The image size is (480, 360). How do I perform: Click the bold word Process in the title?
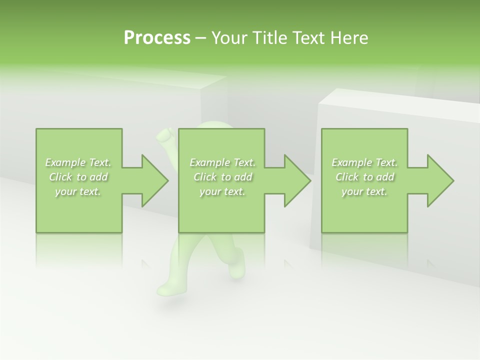click(157, 38)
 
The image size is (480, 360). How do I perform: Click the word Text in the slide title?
click(308, 38)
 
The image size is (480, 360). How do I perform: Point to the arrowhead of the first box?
click(155, 180)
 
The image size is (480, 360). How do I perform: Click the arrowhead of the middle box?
click(298, 180)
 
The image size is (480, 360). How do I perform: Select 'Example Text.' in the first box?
click(78, 162)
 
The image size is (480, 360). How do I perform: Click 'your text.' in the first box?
click(78, 191)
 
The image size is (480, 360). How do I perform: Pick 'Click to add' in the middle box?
click(222, 177)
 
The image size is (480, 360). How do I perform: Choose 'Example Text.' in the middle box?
click(222, 162)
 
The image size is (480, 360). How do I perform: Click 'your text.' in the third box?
click(364, 191)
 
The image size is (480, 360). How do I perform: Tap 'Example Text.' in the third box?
click(364, 162)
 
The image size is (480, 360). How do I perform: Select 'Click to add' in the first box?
click(78, 177)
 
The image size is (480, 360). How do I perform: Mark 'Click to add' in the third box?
click(364, 177)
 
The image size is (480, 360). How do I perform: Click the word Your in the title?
click(226, 38)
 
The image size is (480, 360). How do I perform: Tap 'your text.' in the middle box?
click(222, 191)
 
